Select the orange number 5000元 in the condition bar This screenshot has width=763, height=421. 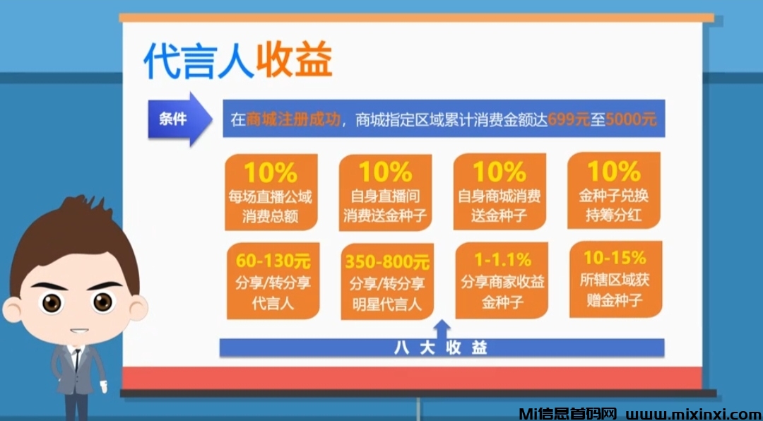pos(631,119)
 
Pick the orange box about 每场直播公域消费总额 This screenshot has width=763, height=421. pos(271,192)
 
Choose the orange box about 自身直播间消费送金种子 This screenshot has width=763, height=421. pos(385,192)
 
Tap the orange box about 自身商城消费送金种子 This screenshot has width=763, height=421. pos(499,192)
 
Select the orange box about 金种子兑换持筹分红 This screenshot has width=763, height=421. pos(613,192)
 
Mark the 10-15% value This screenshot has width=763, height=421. pos(615,257)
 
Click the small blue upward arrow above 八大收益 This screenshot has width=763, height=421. pos(442,328)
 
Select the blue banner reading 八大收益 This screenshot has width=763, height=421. pos(442,348)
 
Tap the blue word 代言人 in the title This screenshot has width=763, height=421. pos(198,61)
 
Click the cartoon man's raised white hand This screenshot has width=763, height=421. pos(104,386)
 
